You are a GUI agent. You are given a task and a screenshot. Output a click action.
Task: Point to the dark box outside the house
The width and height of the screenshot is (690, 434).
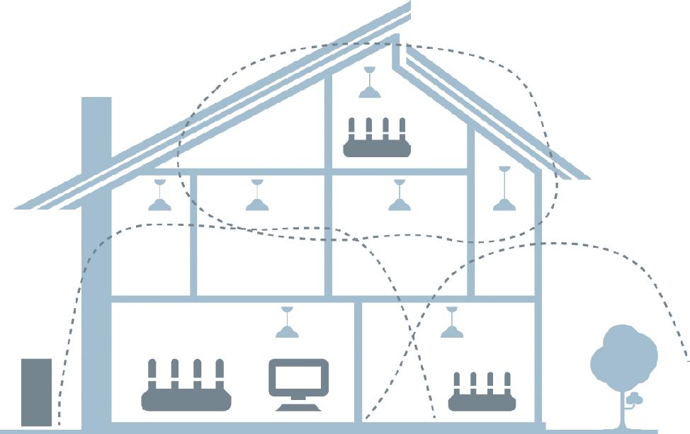36,392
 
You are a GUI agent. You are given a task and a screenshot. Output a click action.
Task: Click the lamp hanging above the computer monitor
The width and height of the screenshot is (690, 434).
287,327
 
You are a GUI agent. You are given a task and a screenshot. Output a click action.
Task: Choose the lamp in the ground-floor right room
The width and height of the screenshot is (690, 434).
451,327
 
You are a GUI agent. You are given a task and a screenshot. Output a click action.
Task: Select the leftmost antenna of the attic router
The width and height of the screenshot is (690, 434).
351,129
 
